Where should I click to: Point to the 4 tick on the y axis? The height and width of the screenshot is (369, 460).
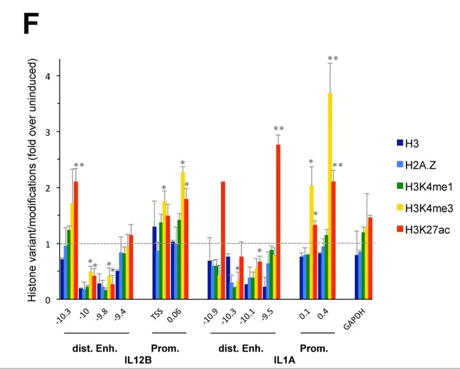click(54, 76)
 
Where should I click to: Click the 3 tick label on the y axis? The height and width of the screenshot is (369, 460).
click(54, 132)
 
